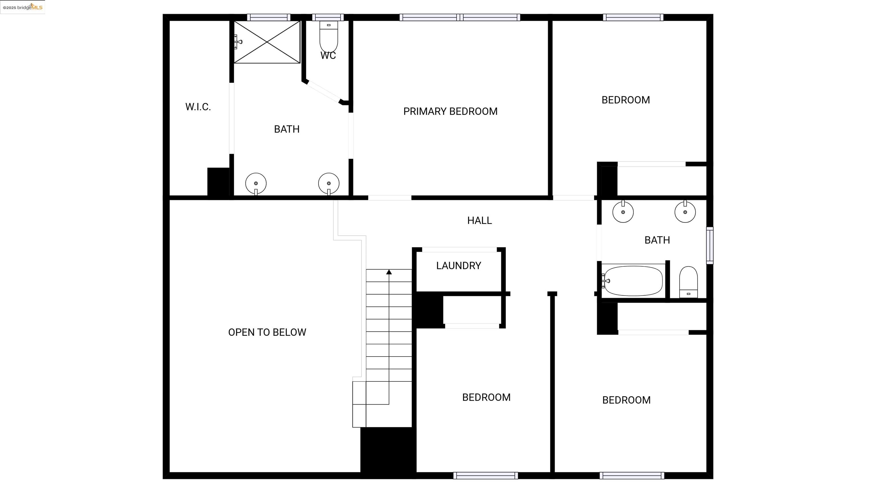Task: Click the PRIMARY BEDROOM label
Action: coord(450,111)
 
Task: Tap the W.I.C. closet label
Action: coord(198,107)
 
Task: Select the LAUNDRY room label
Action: coord(459,266)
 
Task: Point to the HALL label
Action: coord(479,221)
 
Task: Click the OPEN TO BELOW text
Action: coord(267,332)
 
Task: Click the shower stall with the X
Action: coord(267,42)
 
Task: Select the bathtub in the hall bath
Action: coord(633,281)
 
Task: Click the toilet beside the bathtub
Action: coord(688,282)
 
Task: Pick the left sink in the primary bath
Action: coord(256,183)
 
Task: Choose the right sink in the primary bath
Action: coord(328,183)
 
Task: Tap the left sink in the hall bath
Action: coord(623,212)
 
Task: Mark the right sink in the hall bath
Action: coord(685,212)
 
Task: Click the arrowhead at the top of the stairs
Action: coord(389,272)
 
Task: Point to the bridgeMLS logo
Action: coord(23,7)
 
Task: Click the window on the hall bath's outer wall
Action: coord(710,245)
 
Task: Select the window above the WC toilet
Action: coord(328,17)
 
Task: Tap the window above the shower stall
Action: coord(269,17)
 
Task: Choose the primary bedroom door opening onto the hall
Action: coord(390,198)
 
